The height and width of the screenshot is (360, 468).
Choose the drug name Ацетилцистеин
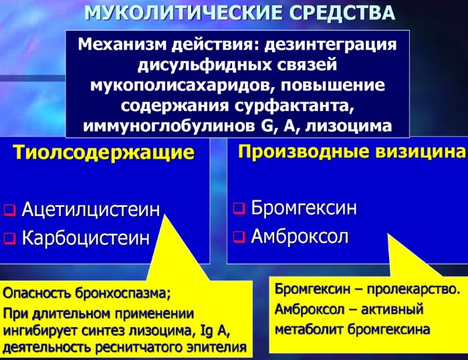(90, 209)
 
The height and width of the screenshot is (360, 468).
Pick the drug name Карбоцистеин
(86, 238)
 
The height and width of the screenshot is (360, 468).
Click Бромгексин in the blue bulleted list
(303, 207)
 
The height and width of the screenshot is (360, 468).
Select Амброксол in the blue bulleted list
(300, 237)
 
